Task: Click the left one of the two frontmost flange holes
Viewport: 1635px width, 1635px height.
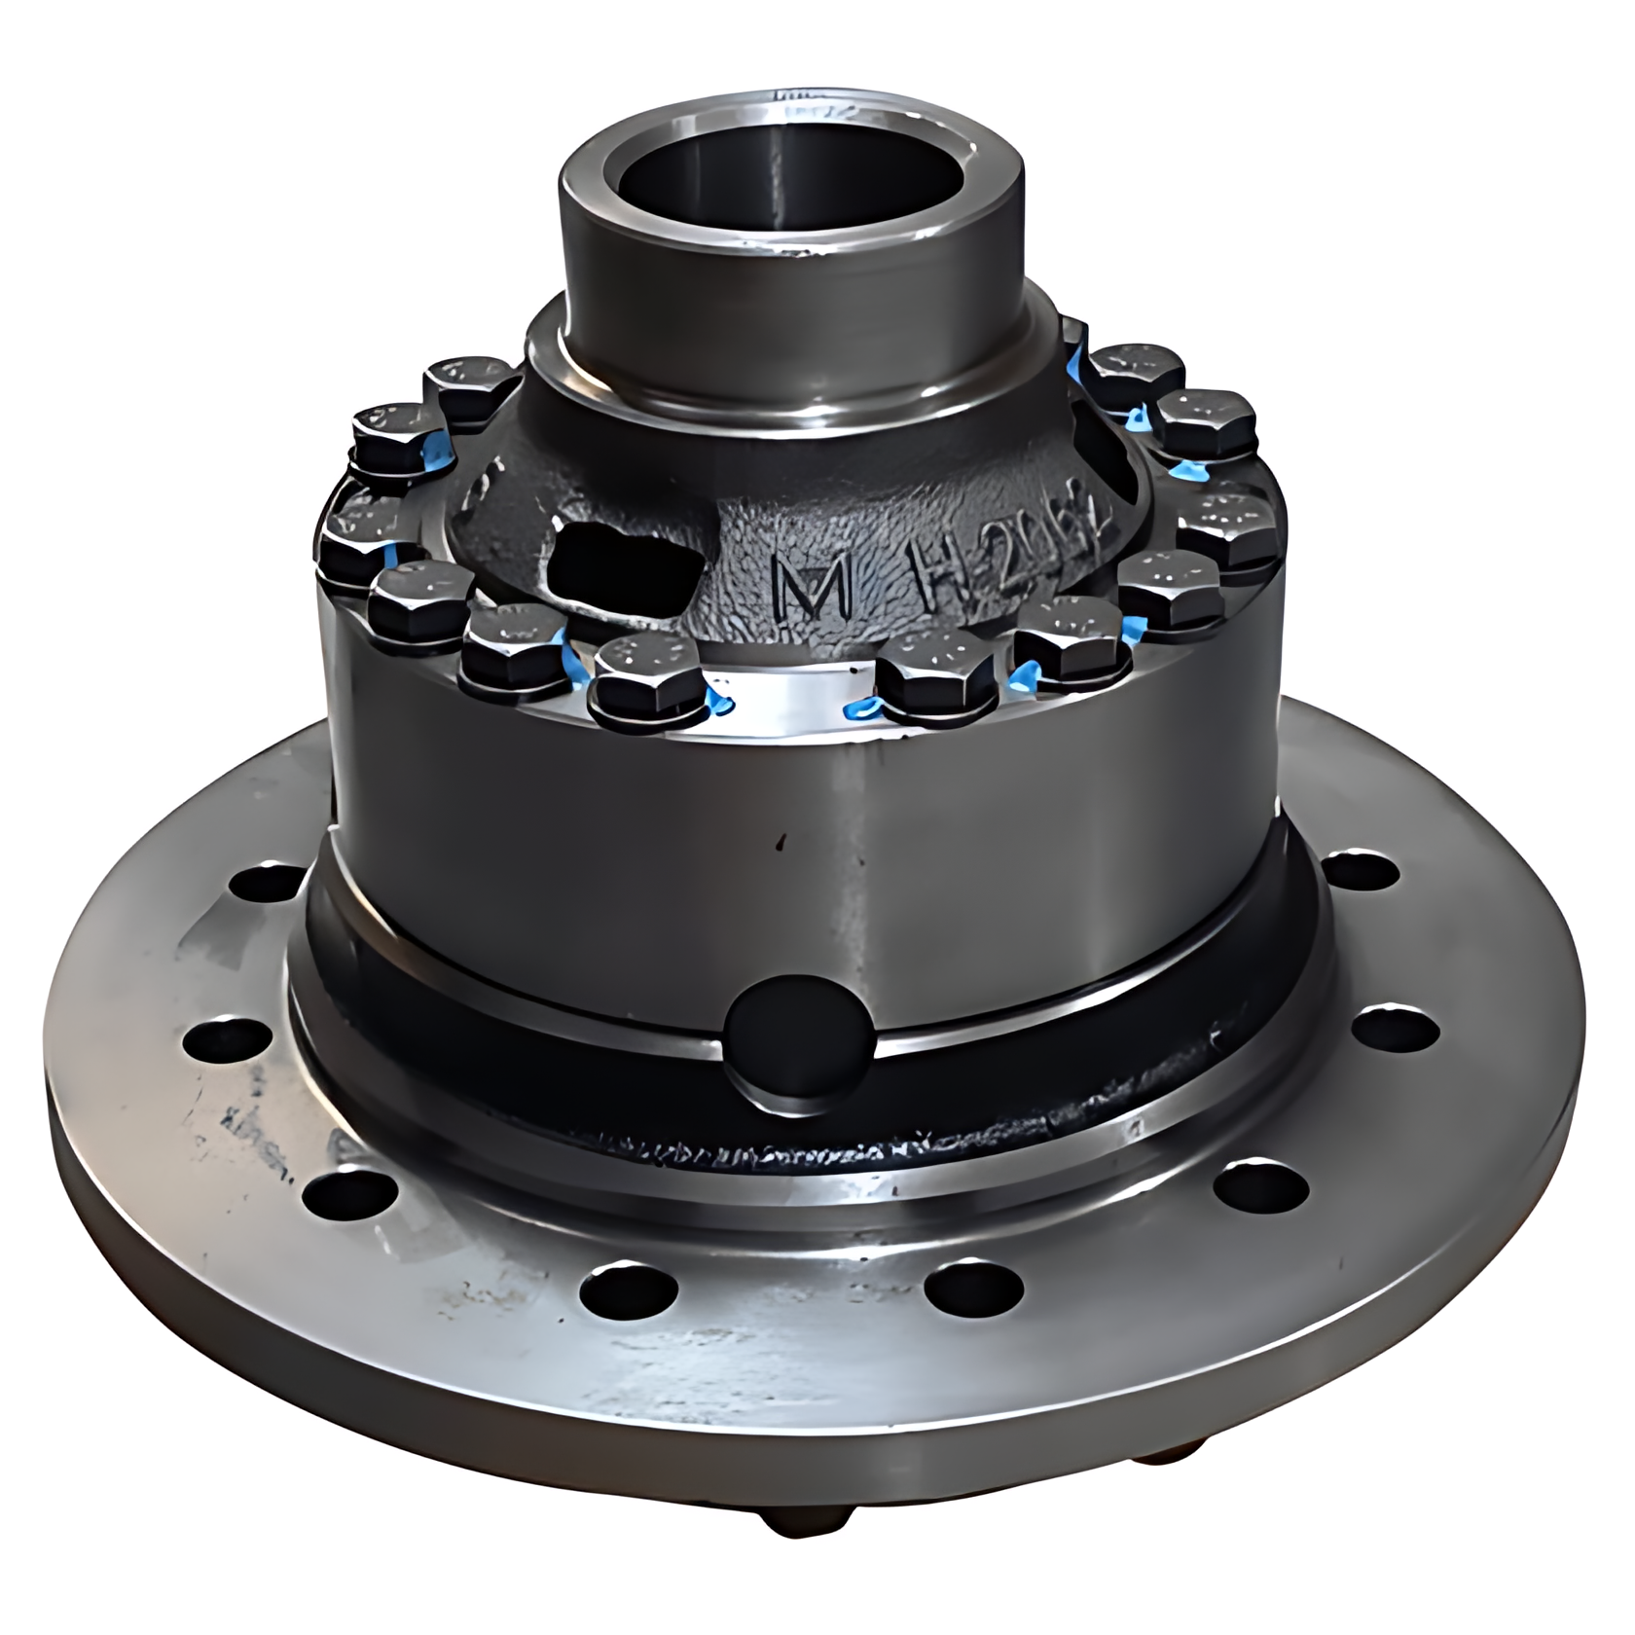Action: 628,1291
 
